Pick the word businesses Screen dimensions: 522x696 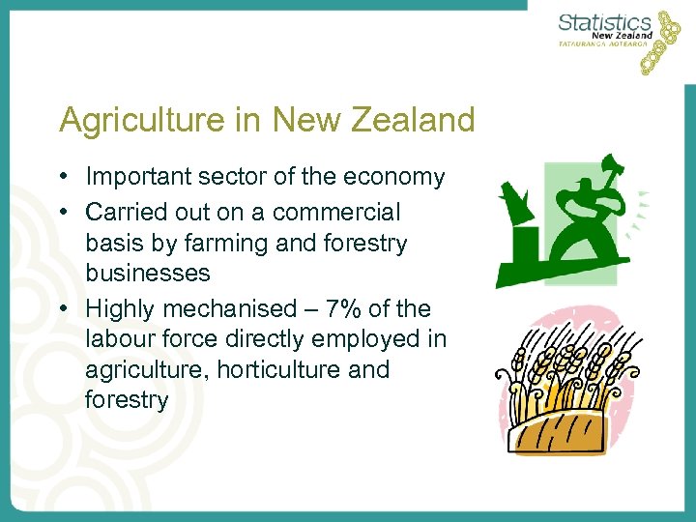click(147, 273)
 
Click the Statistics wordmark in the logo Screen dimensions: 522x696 click(605, 22)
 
